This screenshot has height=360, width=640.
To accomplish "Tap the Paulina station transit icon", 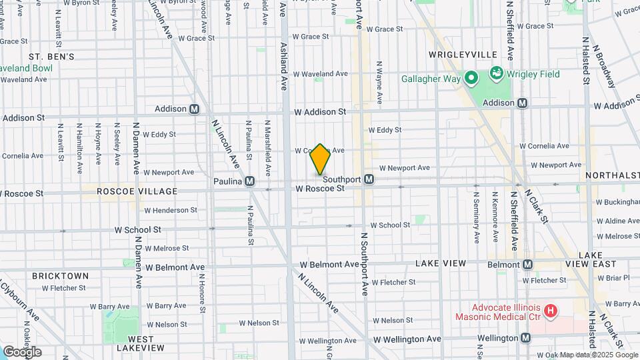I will click(250, 181).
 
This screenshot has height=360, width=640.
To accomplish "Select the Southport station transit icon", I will click(369, 179).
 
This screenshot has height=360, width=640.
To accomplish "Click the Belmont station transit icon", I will click(527, 265).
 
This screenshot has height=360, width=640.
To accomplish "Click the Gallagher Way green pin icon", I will click(472, 79).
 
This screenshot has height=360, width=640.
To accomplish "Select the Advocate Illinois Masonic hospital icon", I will click(551, 310).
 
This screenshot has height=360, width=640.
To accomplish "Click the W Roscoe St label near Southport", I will click(320, 189).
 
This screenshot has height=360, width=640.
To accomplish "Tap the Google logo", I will click(22, 351).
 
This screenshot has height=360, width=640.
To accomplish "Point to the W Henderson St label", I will click(171, 210).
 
